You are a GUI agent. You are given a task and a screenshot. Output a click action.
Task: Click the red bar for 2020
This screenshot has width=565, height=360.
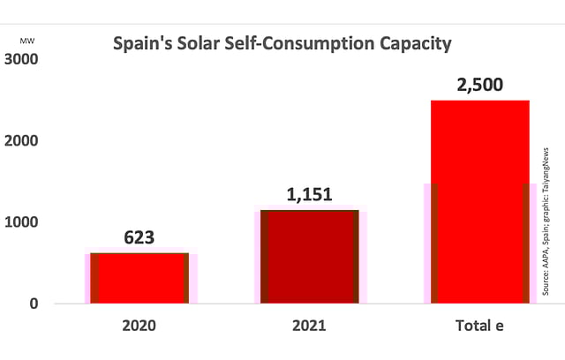click(x=139, y=278)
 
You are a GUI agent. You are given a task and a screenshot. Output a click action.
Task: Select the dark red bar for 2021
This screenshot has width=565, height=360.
click(x=310, y=257)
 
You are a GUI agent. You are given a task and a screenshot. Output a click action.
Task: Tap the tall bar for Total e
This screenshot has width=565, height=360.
click(x=479, y=202)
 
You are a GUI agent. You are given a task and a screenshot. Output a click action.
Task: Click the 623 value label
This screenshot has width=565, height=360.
click(x=139, y=237)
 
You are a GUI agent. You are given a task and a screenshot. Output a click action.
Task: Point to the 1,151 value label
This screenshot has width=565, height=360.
click(x=310, y=194)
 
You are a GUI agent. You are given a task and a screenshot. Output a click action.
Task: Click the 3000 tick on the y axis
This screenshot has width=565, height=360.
click(x=24, y=59)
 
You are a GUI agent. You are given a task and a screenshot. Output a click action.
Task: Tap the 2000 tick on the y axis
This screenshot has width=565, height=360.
click(x=24, y=141)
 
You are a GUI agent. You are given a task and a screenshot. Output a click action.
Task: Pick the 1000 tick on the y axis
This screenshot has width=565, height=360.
click(x=24, y=222)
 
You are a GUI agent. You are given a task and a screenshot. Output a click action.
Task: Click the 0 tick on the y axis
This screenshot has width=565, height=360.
click(x=34, y=304)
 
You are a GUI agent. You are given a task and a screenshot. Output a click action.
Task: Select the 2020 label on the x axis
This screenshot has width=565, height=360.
click(x=139, y=326)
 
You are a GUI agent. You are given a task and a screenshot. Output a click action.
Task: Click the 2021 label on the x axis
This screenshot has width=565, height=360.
click(x=310, y=326)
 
